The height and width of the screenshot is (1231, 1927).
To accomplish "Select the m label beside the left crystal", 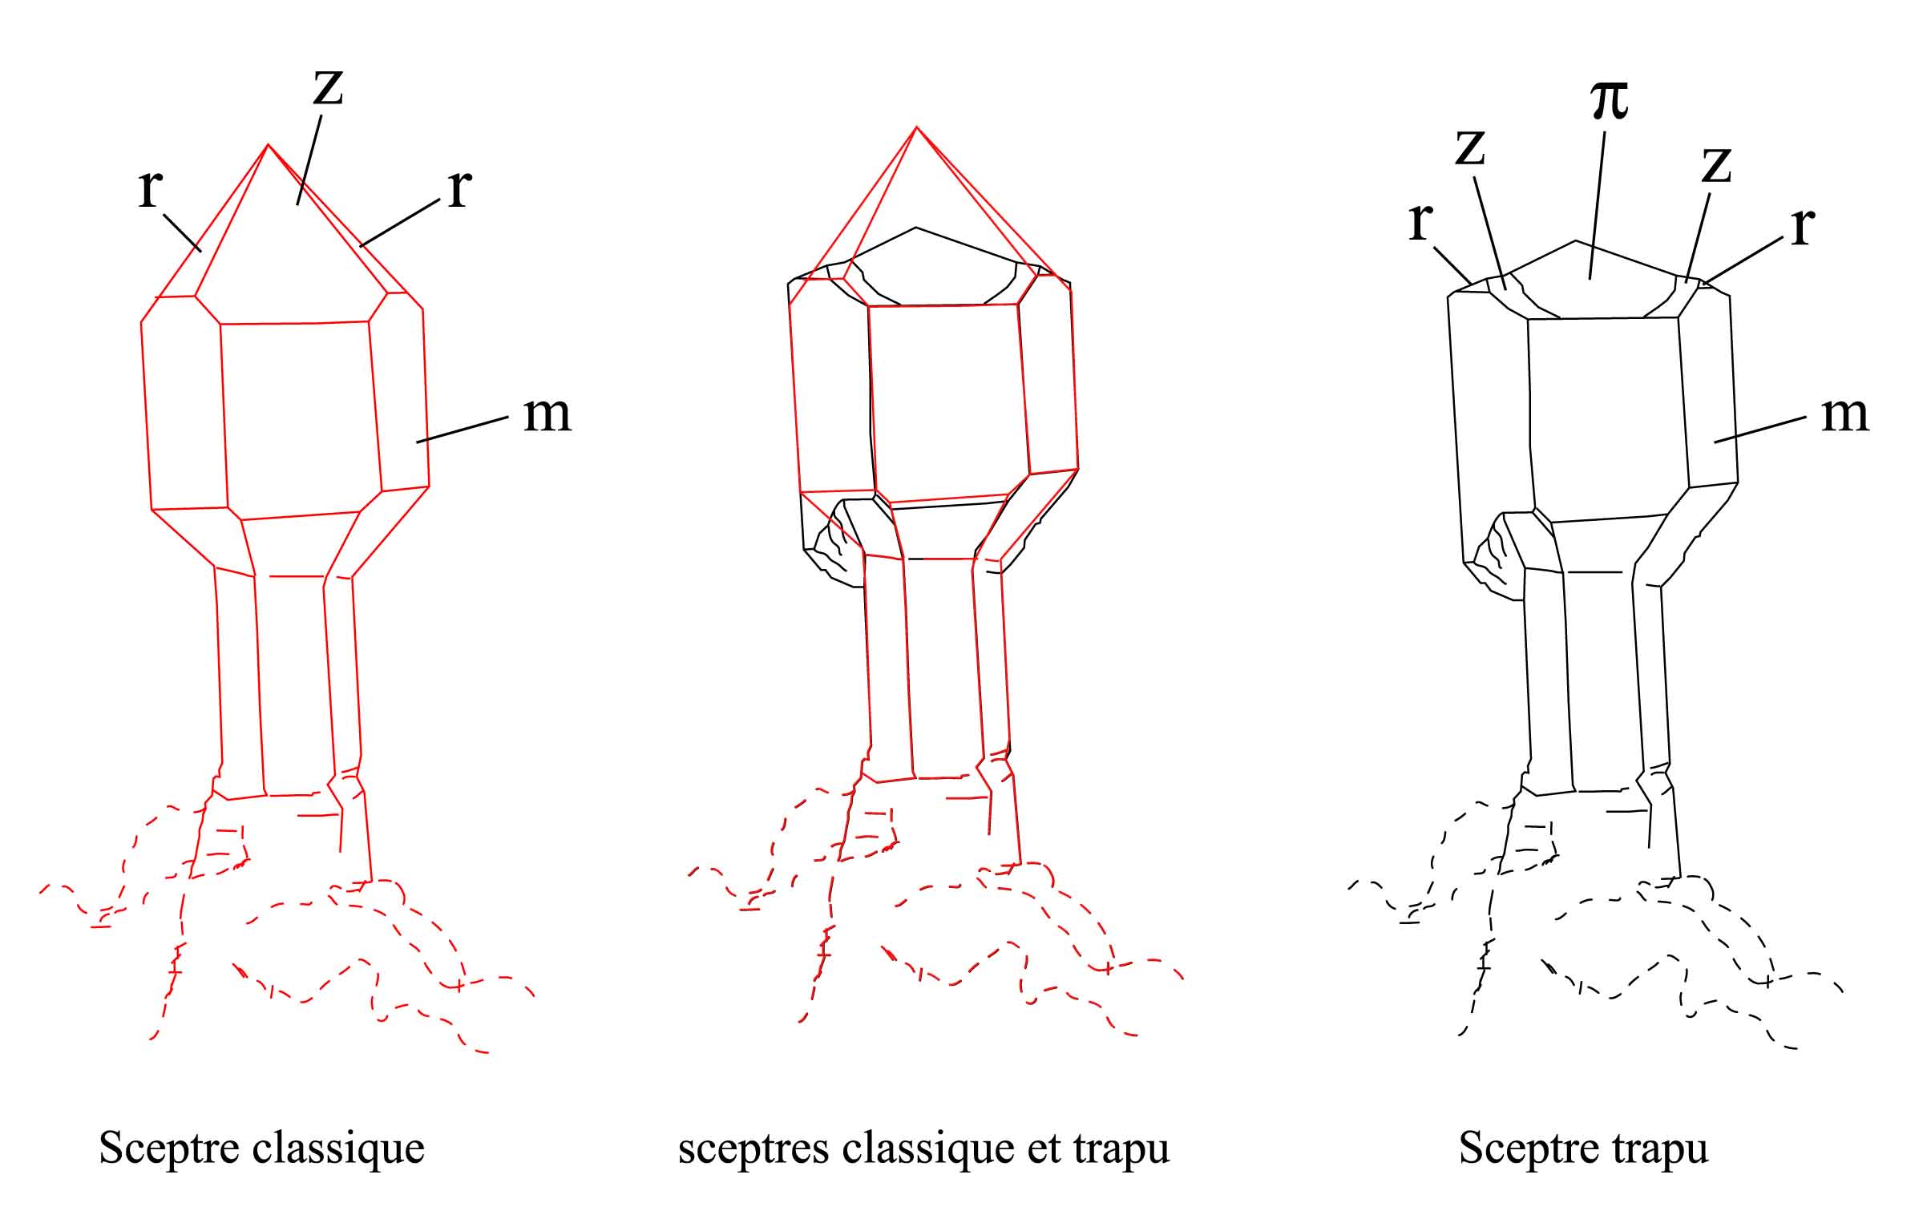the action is [547, 414].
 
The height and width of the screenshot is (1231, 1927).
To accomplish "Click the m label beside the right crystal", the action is [1845, 414].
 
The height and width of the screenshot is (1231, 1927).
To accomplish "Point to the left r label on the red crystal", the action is [150, 189].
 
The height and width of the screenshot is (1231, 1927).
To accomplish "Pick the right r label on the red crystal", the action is [459, 189].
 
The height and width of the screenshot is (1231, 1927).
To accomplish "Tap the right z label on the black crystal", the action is [1716, 165].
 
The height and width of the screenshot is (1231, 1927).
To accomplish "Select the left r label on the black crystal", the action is [1420, 221].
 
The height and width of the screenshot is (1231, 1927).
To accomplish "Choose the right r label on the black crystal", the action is [1802, 228].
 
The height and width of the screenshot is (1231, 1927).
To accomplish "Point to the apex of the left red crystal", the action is [268, 145].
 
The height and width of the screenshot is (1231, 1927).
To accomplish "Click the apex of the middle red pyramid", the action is [916, 127].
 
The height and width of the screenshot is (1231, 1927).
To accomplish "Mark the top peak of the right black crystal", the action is [1575, 240].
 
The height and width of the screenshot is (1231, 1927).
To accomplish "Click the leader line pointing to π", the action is [1597, 205].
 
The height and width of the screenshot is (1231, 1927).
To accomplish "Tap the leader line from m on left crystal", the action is [463, 430].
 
